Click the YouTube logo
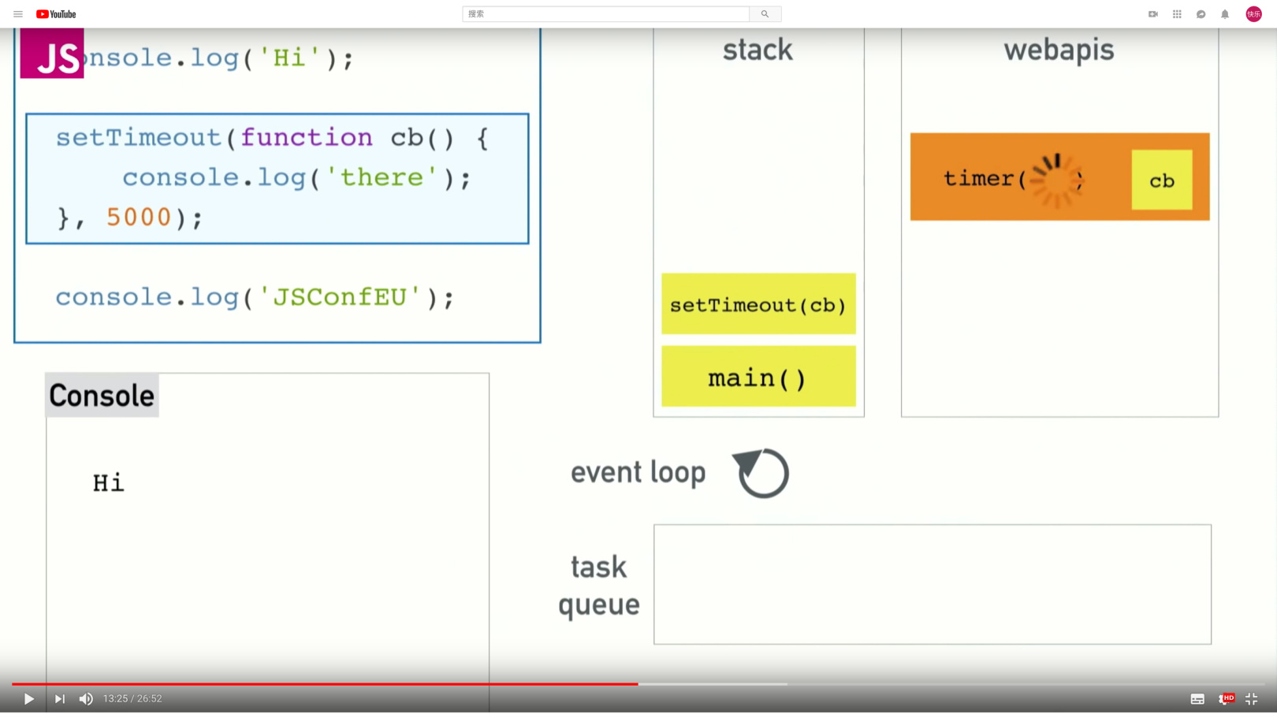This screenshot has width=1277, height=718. [56, 14]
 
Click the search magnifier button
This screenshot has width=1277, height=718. [765, 14]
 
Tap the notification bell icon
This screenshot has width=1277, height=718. [1225, 14]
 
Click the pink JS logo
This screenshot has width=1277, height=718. [52, 54]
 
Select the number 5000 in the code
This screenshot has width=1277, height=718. [139, 218]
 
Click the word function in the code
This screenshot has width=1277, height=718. [307, 138]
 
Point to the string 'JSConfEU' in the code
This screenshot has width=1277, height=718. [341, 298]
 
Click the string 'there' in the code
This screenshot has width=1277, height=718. [382, 178]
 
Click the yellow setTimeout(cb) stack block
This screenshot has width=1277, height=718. [758, 304]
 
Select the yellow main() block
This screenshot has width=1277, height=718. [758, 377]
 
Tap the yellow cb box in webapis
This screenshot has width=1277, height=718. [1162, 180]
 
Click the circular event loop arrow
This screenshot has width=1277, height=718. [761, 473]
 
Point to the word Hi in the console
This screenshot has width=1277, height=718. [109, 482]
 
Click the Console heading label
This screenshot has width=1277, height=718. [102, 396]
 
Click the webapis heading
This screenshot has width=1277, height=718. [1059, 50]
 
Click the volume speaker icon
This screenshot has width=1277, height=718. [86, 699]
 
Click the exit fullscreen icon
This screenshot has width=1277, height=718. [1251, 699]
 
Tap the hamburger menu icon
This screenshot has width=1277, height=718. [18, 14]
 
